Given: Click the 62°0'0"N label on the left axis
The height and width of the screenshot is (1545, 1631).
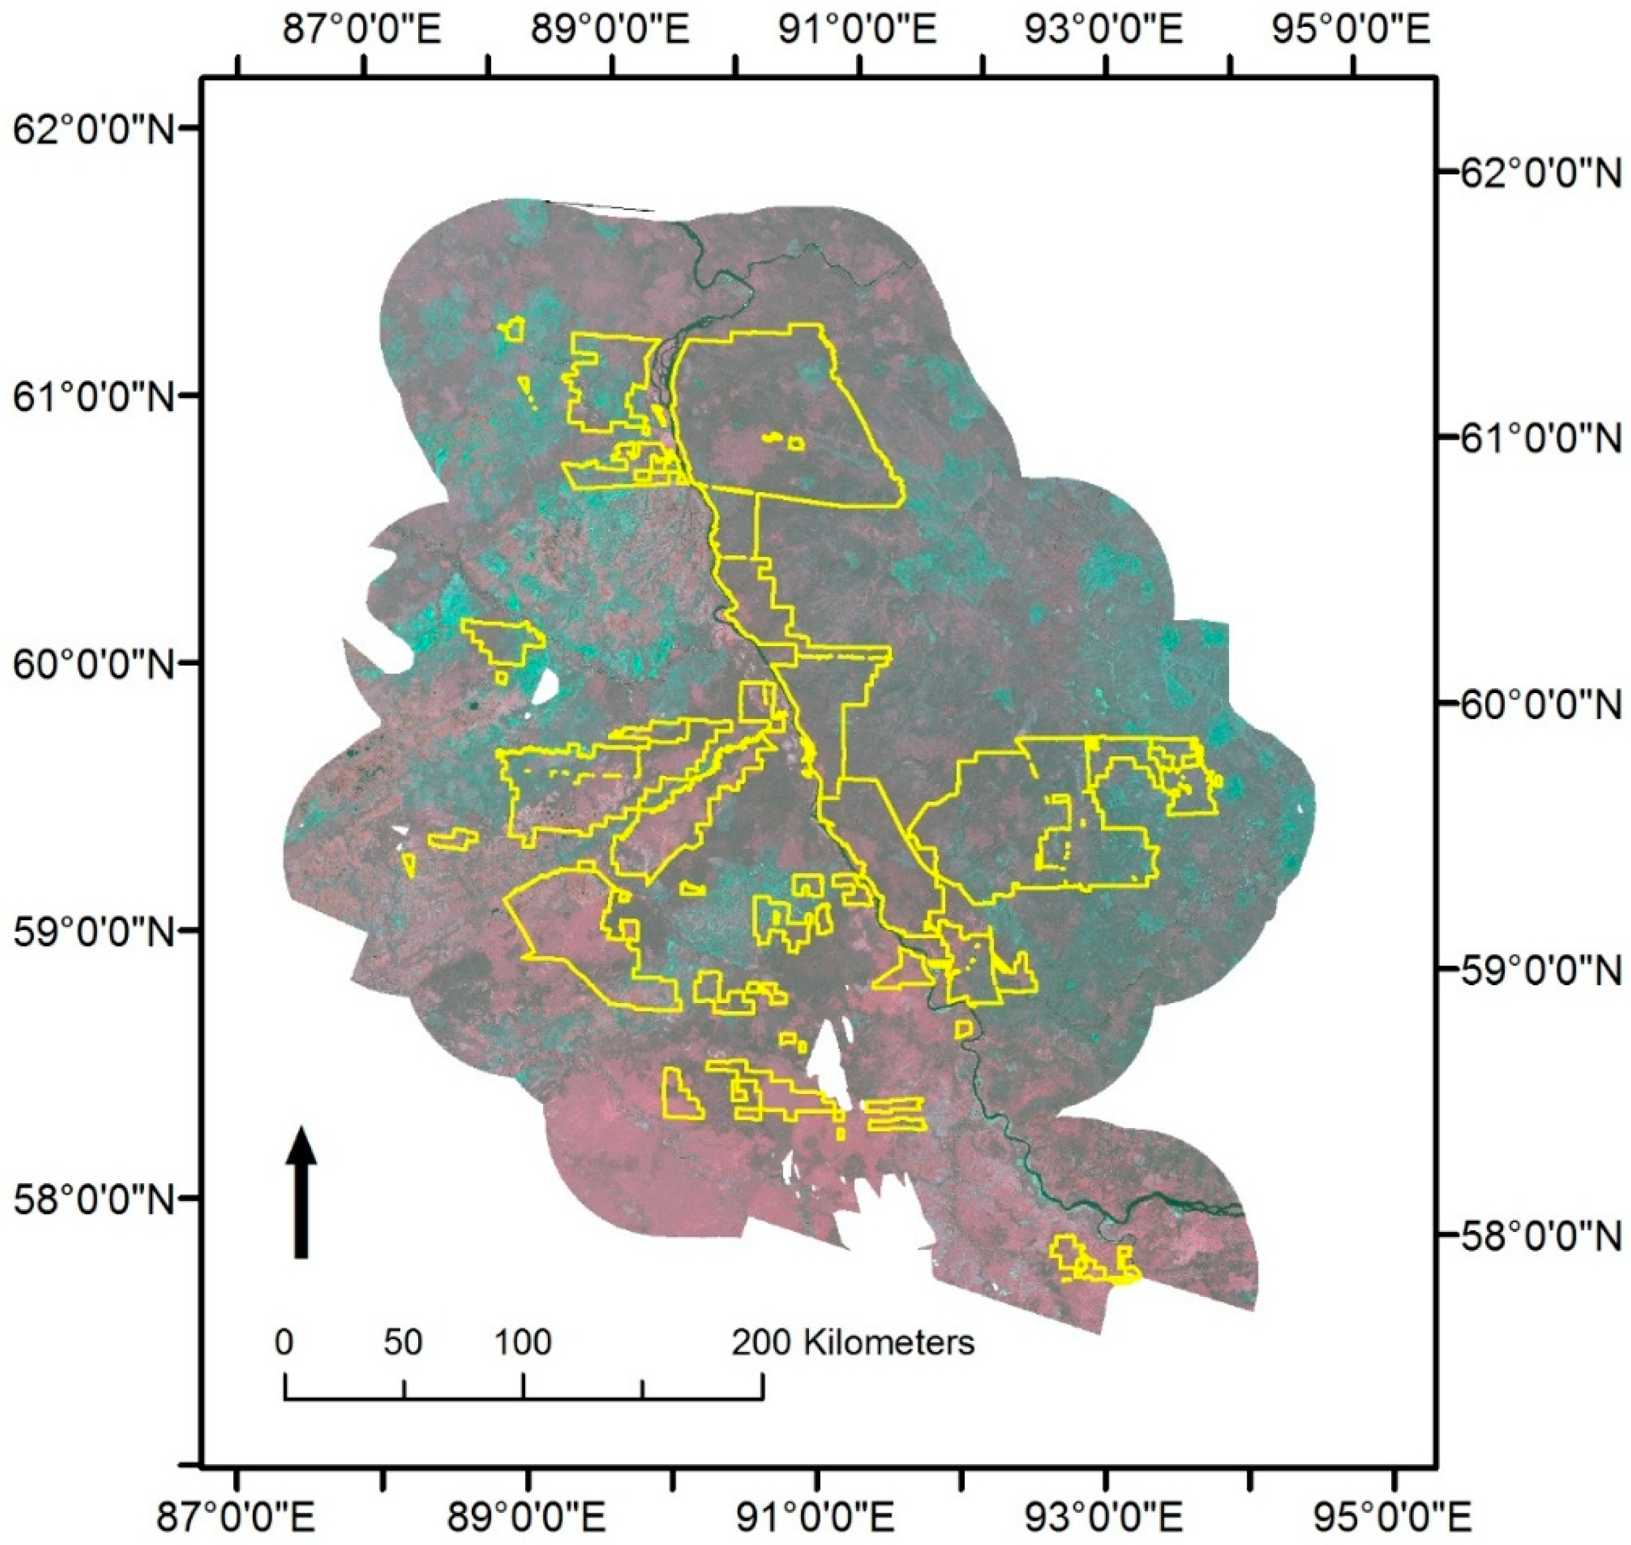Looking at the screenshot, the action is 90,129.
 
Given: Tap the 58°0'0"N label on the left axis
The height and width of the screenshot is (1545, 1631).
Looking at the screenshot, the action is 90,1198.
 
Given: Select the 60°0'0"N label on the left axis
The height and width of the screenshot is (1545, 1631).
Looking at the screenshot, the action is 90,662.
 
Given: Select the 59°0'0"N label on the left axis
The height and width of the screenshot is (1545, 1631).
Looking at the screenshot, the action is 90,930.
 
